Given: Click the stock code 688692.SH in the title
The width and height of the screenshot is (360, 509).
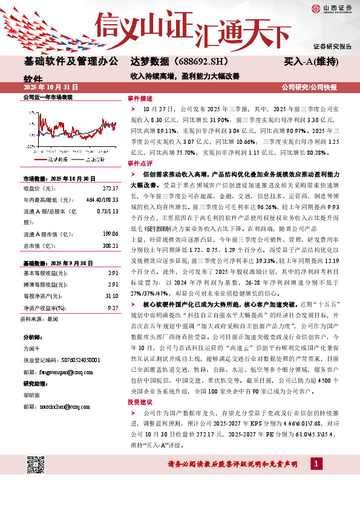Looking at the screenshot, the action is pyautogui.click(x=192, y=62).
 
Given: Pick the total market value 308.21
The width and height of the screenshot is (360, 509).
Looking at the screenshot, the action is pyautogui.click(x=110, y=247).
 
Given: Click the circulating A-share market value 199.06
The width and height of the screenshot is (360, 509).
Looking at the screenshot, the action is pyautogui.click(x=110, y=233).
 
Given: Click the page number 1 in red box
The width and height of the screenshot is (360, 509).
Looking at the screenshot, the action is pyautogui.click(x=316, y=464).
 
